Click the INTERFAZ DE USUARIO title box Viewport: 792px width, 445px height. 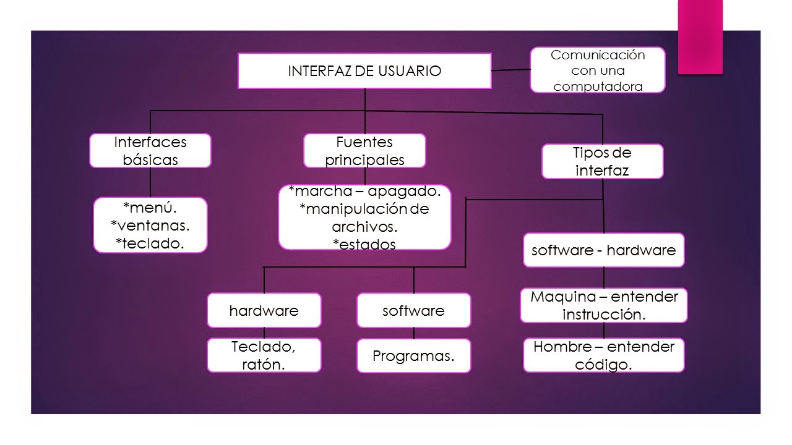(364, 70)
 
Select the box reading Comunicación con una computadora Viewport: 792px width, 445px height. (597, 70)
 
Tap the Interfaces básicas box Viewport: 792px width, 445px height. (150, 151)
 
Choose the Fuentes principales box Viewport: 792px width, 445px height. (364, 151)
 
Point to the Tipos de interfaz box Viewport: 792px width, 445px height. (602, 161)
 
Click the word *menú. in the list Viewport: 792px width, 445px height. (150, 208)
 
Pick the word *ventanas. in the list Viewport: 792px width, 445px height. (150, 226)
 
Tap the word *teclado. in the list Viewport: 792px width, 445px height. (150, 243)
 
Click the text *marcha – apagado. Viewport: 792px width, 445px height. (364, 192)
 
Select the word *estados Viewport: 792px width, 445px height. (364, 244)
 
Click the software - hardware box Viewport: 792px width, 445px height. (603, 250)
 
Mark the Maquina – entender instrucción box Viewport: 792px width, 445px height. (603, 305)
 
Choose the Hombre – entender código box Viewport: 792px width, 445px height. (603, 355)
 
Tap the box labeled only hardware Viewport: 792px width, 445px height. (264, 310)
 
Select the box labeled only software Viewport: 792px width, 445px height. (413, 310)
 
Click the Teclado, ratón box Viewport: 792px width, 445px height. (264, 355)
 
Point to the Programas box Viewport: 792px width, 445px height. (413, 356)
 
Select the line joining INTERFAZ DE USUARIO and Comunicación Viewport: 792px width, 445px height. (511, 70)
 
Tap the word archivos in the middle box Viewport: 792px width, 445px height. (364, 226)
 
